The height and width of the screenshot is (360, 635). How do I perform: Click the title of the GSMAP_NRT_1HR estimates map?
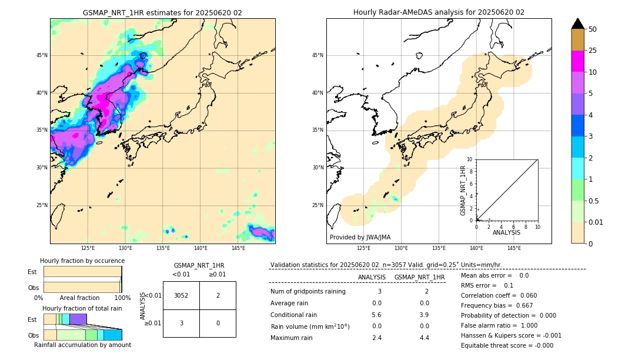162,12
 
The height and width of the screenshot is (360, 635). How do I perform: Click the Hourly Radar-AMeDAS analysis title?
439,12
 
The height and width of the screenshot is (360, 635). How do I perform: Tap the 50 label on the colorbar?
593,29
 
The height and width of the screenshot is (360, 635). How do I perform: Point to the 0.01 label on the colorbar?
596,222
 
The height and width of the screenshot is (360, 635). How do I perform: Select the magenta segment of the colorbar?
577,61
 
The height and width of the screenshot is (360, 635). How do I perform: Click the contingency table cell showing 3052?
181,295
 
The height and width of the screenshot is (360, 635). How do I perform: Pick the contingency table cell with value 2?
218,295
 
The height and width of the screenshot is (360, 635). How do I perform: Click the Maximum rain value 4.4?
424,338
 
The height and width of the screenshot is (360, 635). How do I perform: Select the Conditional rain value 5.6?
376,314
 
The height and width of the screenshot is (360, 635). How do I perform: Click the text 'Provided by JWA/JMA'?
360,237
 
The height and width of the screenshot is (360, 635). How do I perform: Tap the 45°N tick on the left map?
42,55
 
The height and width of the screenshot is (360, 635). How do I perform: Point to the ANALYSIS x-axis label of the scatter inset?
506,232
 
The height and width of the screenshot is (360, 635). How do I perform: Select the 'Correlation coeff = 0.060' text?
498,295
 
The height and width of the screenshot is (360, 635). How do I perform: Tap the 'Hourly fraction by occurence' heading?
82,261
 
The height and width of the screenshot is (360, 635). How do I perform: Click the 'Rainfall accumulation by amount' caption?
83,345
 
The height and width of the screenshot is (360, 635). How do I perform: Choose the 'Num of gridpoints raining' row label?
308,291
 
